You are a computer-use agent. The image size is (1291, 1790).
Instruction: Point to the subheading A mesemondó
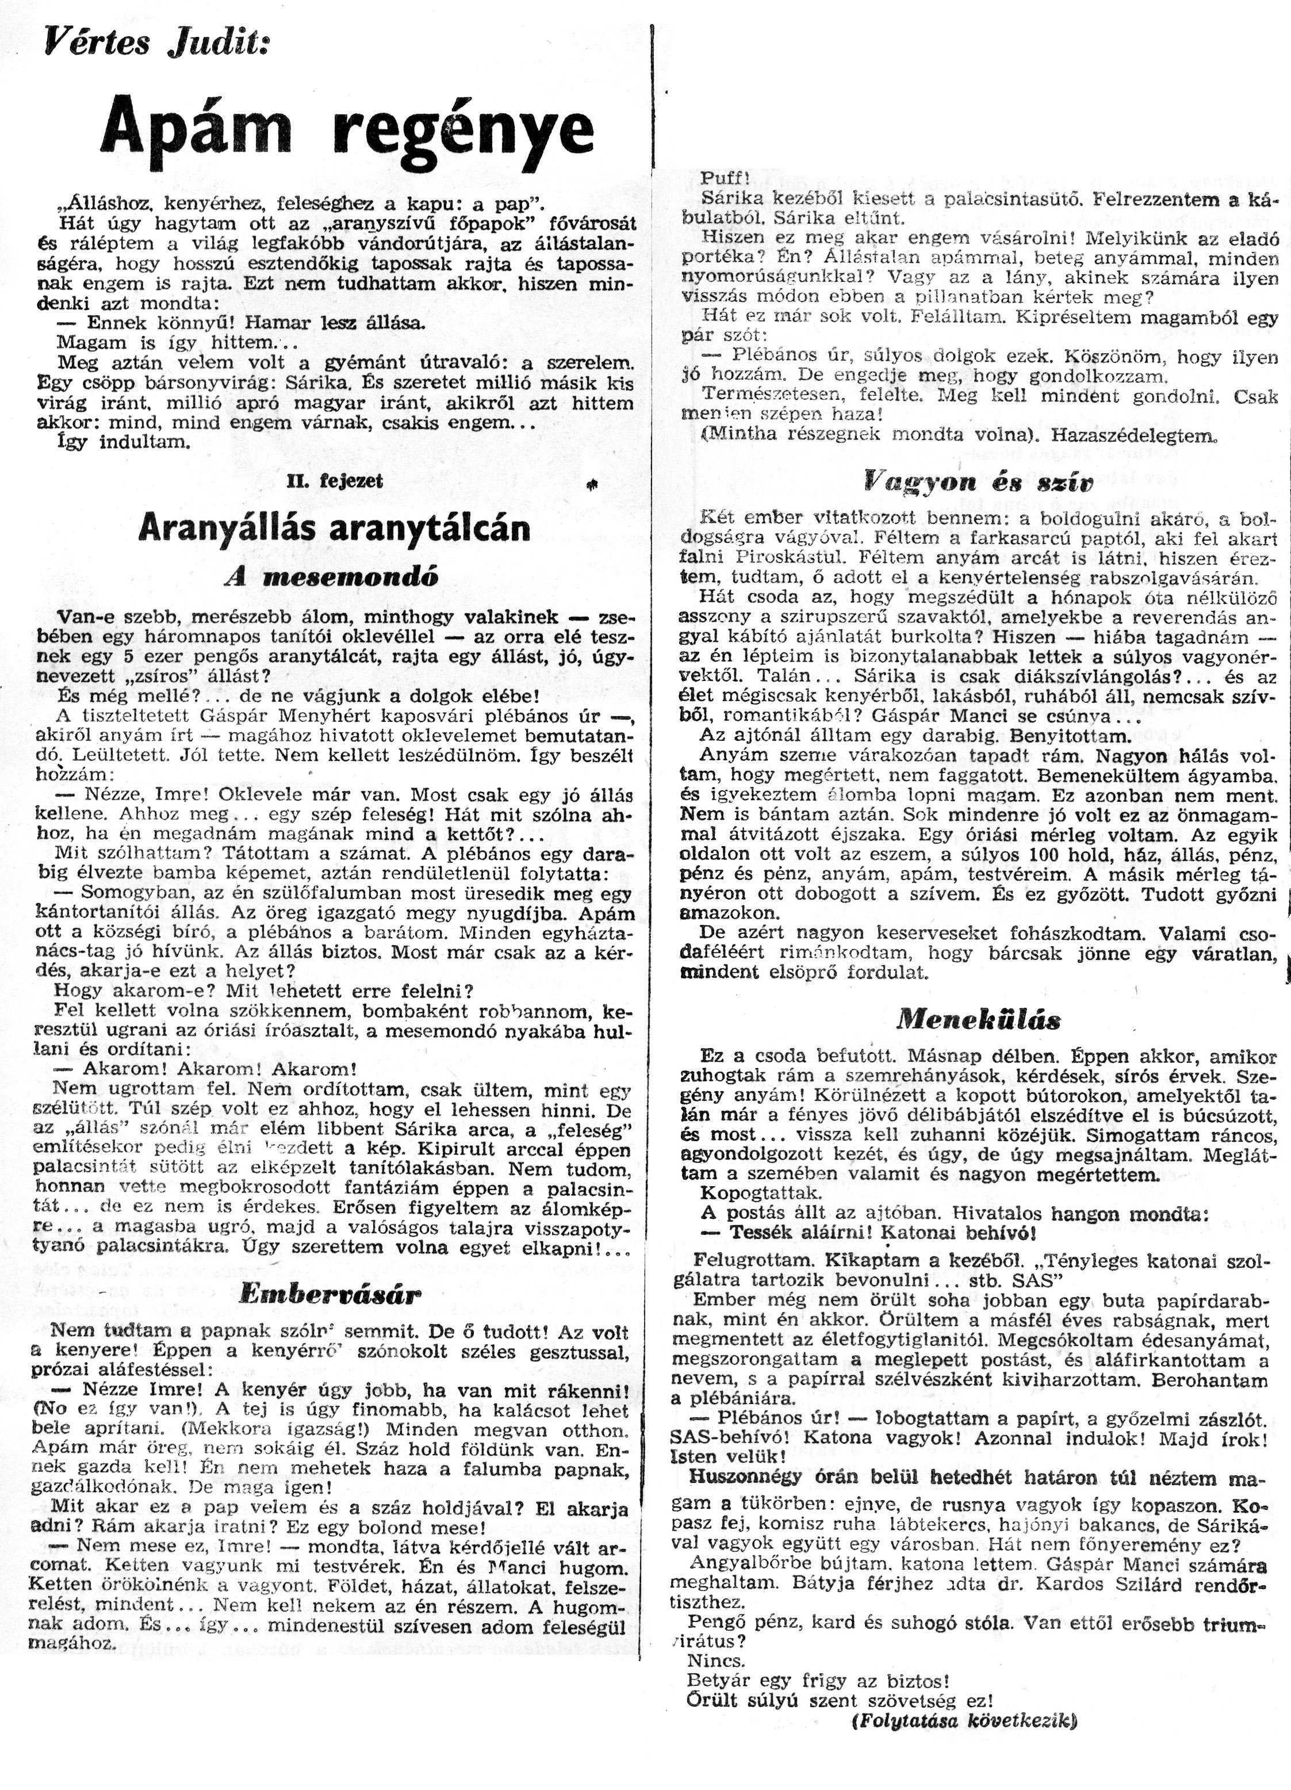[x=331, y=576]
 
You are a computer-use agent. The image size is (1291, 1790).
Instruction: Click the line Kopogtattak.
[x=750, y=1192]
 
